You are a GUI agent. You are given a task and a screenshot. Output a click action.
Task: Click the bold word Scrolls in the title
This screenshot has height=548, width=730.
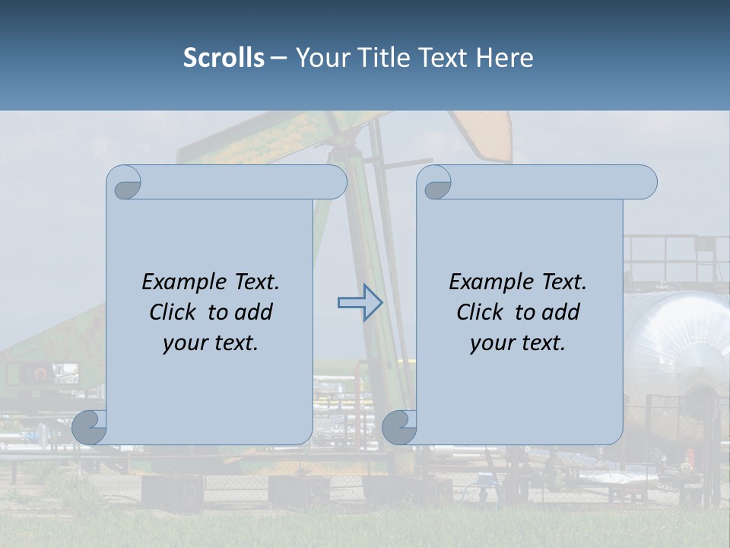click(224, 58)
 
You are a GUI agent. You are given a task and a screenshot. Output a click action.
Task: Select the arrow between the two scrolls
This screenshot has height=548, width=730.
click(360, 303)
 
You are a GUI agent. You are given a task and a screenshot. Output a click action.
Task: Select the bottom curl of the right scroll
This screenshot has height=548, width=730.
click(399, 427)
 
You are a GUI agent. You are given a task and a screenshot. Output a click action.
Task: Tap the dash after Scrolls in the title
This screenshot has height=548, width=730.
click(278, 58)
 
